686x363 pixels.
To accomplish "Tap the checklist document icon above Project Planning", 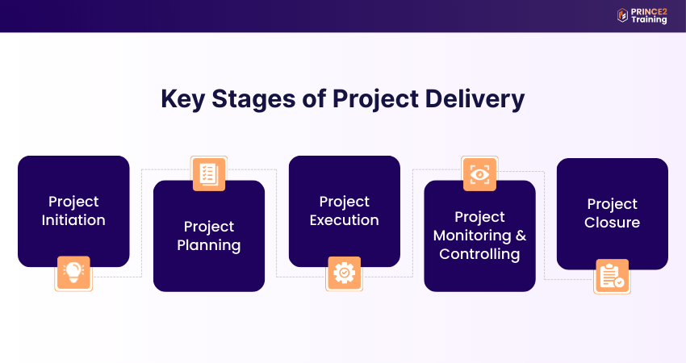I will [209, 173].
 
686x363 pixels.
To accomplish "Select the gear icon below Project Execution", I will [344, 273].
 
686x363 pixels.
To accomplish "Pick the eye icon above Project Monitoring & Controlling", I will [479, 173].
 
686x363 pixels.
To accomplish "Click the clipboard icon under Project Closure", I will [612, 277].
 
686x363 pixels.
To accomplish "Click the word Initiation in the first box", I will [73, 219].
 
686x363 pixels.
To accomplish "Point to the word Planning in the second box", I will [209, 244].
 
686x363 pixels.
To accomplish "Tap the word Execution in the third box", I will [344, 219].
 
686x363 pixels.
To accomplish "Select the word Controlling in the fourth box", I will [479, 254].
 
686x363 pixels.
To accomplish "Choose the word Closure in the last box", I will [612, 223].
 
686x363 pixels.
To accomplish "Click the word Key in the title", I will [182, 99].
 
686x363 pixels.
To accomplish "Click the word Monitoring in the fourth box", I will [471, 236].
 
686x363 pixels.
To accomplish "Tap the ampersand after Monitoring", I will [521, 236].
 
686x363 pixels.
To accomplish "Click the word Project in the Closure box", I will [612, 204].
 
